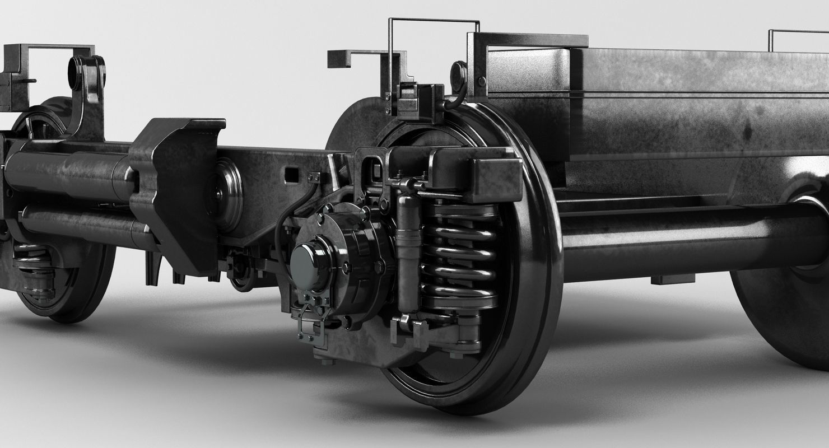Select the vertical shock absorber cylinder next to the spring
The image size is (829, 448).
coord(409,252)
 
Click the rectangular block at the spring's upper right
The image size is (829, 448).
coord(496,171)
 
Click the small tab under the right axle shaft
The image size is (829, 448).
coord(672,279)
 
